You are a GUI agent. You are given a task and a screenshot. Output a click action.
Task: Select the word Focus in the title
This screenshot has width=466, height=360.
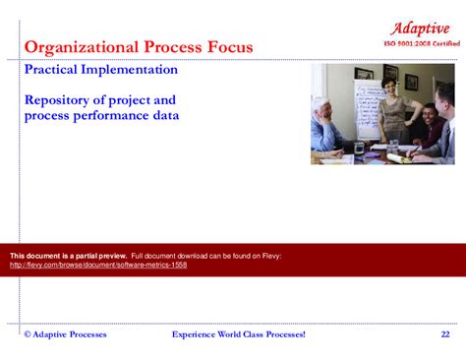[x=227, y=47]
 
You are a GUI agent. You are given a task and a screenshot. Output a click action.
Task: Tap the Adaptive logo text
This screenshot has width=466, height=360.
[x=421, y=27]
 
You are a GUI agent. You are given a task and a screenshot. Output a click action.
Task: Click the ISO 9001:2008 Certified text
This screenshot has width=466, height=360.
[x=421, y=44]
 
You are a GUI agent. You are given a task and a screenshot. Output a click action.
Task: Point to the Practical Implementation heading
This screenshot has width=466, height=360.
[x=100, y=71]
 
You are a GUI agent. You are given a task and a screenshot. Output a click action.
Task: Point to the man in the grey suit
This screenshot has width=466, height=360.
[x=441, y=123]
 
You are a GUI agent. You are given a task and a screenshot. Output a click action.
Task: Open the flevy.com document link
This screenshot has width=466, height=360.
[x=98, y=265]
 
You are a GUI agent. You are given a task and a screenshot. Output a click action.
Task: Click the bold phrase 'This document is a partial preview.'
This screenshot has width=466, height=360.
[x=68, y=256]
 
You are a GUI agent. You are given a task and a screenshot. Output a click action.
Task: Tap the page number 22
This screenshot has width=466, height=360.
[x=445, y=334]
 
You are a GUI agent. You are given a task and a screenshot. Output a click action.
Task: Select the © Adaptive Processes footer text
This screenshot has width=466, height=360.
[x=65, y=334]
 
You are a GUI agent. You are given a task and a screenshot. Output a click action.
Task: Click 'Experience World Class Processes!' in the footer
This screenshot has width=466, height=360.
[x=239, y=334]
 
